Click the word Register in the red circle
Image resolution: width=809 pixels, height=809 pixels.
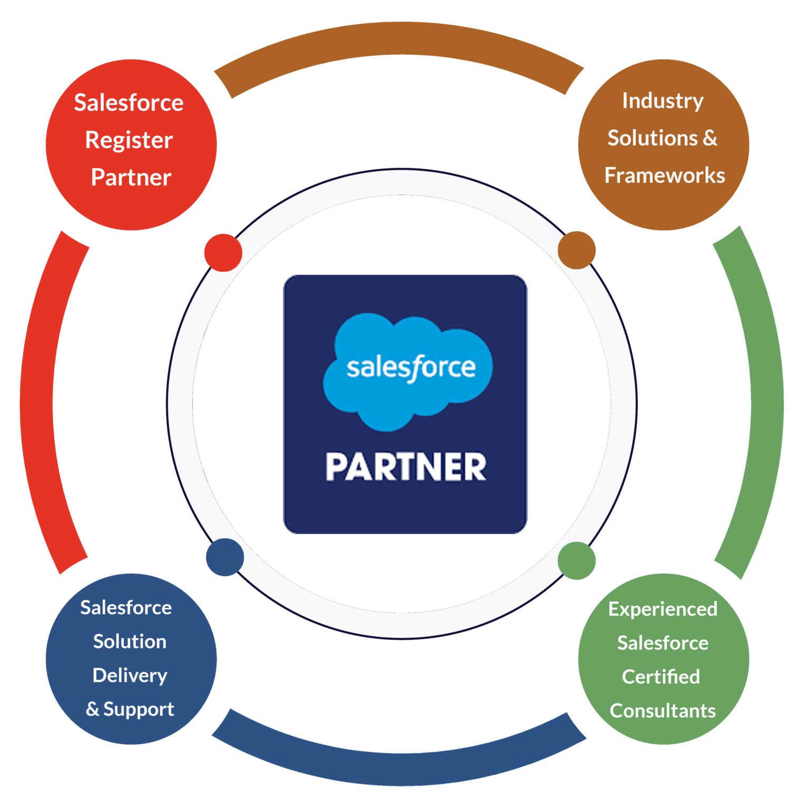[x=129, y=141]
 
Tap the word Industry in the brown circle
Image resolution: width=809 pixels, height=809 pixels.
[x=663, y=101]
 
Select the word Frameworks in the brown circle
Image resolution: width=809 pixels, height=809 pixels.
[x=665, y=175]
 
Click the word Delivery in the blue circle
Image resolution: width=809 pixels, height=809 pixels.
[x=130, y=676]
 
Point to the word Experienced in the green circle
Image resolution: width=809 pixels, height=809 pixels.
[x=663, y=609]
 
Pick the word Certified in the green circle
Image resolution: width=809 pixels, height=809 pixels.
[x=661, y=677]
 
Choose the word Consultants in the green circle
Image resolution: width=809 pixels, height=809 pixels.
[x=663, y=711]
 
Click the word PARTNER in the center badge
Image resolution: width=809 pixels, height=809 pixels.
[x=406, y=467]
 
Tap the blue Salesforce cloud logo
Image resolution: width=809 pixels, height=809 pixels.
[x=408, y=369]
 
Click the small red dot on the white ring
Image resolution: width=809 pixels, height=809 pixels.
[x=223, y=252]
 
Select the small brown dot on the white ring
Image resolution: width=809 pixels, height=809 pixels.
[x=577, y=250]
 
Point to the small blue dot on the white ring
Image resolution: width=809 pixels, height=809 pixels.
[x=225, y=557]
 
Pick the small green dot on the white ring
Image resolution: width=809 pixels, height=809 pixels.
[x=577, y=561]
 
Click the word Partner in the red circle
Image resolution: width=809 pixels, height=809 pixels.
[x=131, y=177]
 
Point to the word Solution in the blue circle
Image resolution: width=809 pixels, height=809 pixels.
[x=130, y=642]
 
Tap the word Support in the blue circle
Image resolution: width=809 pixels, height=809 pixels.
[x=139, y=709]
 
